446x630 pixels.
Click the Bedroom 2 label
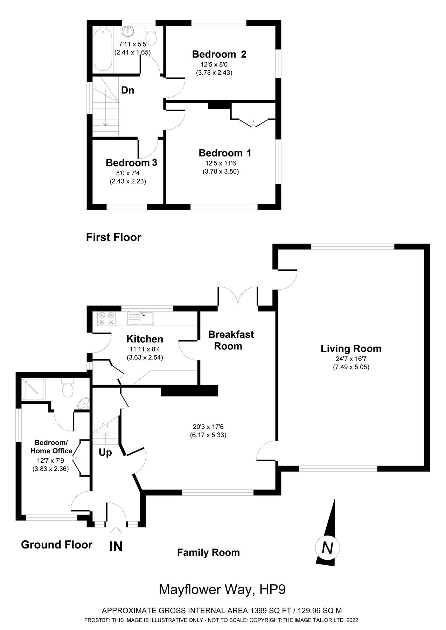219,54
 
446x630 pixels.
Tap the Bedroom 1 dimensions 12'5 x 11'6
223,163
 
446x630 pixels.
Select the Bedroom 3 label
131,163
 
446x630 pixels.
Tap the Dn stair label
127,90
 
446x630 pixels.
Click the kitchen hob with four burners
106,318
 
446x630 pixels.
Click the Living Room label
351,349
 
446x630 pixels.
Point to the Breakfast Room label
231,340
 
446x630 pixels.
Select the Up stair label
105,453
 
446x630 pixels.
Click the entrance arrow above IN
116,533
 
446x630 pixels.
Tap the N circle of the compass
327,548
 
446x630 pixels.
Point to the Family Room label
208,553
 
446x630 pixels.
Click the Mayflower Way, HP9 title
222,589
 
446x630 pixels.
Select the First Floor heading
113,237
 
